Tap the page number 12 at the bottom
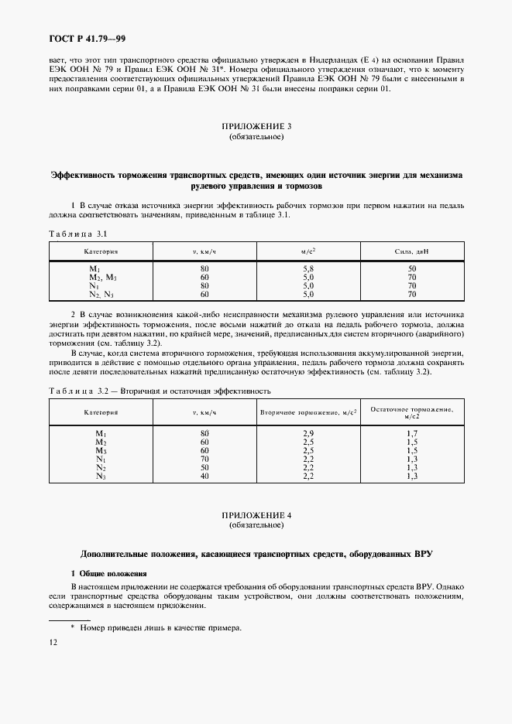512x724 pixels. [53, 642]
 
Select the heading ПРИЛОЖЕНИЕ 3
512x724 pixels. [256, 126]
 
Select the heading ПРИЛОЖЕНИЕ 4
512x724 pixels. [256, 515]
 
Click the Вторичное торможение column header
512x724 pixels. [308, 413]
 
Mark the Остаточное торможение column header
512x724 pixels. [411, 412]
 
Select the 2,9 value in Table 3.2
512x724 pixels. [308, 433]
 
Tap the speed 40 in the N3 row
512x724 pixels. [205, 476]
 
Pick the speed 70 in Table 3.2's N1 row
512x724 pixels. [205, 459]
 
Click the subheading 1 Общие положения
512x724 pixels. [108, 573]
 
